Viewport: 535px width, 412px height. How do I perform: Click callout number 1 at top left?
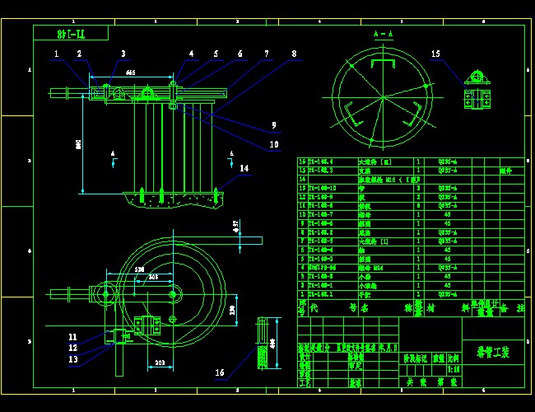coord(57,54)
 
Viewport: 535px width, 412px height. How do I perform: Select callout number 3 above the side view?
coord(123,54)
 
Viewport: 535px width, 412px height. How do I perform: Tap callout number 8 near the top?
coord(294,54)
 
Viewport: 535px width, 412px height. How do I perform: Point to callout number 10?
coord(274,143)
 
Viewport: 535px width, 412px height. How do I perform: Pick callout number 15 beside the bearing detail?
coord(435,54)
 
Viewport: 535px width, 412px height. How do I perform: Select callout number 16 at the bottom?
coord(220,372)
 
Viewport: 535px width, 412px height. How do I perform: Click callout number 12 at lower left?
coord(73,348)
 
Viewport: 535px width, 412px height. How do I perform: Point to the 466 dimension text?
coord(130,73)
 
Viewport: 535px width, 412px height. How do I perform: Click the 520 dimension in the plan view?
coord(139,269)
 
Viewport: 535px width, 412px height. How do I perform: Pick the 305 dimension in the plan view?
coord(153,277)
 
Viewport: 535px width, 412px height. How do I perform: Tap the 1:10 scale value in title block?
coord(454,369)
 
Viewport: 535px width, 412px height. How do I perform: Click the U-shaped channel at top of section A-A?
coord(382,65)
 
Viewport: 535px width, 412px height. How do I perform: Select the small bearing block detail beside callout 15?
coord(476,87)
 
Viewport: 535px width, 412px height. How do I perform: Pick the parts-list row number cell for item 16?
coord(301,162)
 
